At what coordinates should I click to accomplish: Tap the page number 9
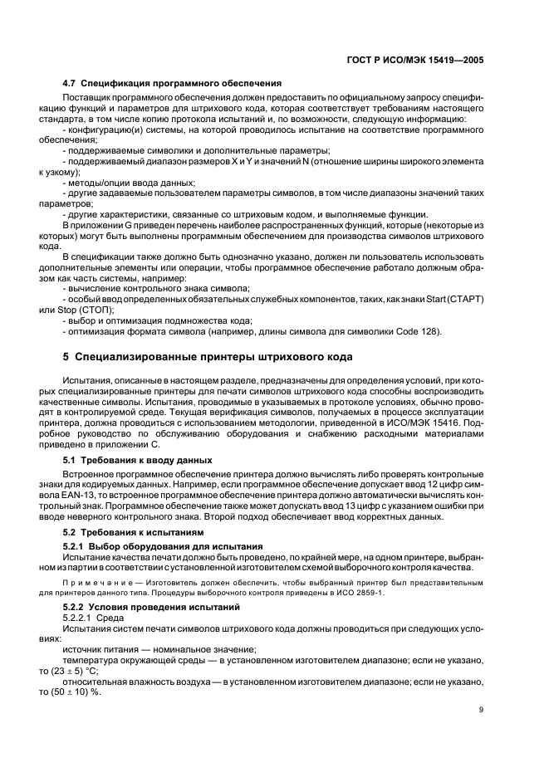481,709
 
